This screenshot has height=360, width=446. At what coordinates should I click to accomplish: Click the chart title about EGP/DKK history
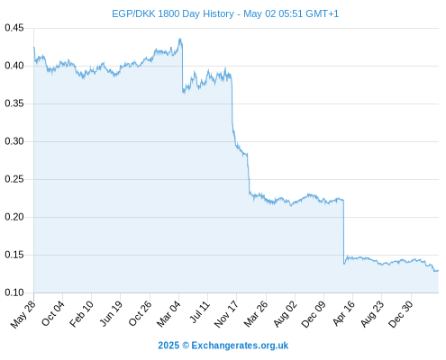pyautogui.click(x=225, y=13)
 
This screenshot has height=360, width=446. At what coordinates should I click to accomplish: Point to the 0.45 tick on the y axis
pyautogui.click(x=14, y=28)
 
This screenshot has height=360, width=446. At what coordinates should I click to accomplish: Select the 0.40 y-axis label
pyautogui.click(x=14, y=66)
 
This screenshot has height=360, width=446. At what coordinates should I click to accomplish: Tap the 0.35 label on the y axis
pyautogui.click(x=14, y=103)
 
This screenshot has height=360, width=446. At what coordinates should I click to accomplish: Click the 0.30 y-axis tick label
pyautogui.click(x=14, y=141)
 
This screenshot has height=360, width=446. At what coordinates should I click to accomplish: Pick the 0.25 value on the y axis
pyautogui.click(x=14, y=179)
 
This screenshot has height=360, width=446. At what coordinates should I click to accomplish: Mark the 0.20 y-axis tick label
pyautogui.click(x=14, y=217)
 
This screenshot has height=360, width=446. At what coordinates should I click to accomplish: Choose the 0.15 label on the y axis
pyautogui.click(x=14, y=255)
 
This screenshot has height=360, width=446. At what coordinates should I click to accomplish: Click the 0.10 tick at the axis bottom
pyautogui.click(x=14, y=292)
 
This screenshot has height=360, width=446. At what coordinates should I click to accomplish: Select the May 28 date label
pyautogui.click(x=23, y=314)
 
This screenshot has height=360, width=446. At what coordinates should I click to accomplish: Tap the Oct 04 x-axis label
pyautogui.click(x=53, y=313)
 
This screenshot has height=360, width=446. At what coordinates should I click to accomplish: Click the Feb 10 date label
pyautogui.click(x=81, y=314)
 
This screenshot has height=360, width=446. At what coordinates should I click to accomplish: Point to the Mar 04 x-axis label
pyautogui.click(x=168, y=314)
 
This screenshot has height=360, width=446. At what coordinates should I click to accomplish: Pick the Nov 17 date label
pyautogui.click(x=226, y=314)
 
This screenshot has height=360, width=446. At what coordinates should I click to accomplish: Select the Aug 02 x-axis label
pyautogui.click(x=286, y=314)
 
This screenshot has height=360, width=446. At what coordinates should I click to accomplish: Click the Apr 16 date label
pyautogui.click(x=343, y=313)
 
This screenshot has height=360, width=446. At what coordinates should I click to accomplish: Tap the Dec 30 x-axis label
pyautogui.click(x=401, y=314)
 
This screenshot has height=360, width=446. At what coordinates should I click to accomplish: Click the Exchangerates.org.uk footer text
pyautogui.click(x=240, y=346)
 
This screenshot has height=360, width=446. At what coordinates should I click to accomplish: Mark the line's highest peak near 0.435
pyautogui.click(x=180, y=39)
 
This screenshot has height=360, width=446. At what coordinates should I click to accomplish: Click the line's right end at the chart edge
pyautogui.click(x=438, y=271)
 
